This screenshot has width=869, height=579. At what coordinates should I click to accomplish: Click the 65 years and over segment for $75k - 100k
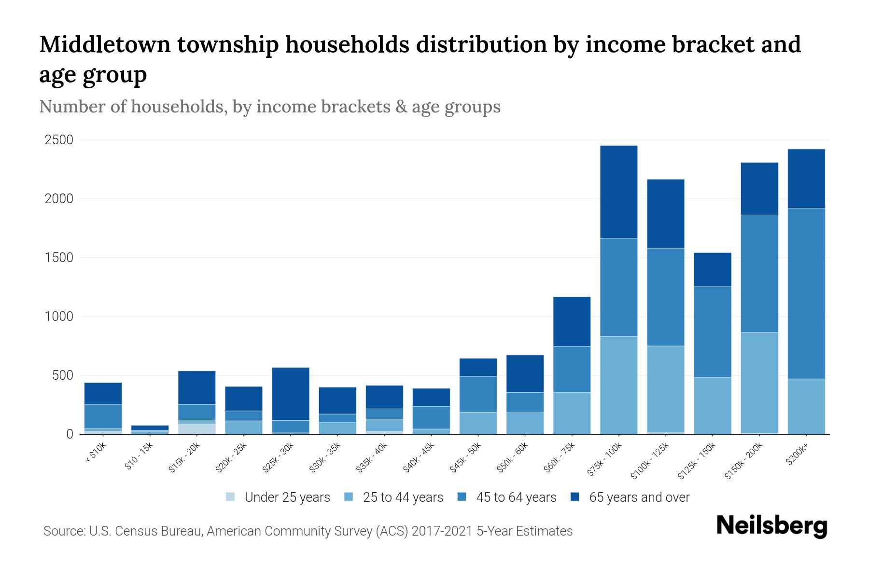(x=618, y=192)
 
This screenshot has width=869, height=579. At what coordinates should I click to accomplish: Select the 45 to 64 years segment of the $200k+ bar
(x=806, y=293)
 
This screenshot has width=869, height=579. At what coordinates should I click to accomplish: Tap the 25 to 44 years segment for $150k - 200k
(x=759, y=383)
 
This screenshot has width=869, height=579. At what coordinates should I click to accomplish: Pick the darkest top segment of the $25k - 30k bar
(x=291, y=394)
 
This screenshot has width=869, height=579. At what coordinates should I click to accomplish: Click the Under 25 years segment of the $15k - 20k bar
(x=196, y=428)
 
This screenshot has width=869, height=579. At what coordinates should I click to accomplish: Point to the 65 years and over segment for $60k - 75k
(x=572, y=321)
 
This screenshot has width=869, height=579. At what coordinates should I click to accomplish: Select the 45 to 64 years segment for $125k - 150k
(x=712, y=331)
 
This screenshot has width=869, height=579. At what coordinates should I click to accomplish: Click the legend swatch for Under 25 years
(x=231, y=497)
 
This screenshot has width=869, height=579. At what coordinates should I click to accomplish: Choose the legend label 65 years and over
(x=639, y=497)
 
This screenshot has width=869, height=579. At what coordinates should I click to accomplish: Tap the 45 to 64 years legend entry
(x=516, y=497)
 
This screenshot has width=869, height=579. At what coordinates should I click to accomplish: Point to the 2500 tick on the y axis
(x=59, y=140)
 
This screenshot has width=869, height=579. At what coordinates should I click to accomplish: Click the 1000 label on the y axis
(x=59, y=317)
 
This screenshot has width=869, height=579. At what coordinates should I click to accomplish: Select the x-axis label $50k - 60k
(x=513, y=457)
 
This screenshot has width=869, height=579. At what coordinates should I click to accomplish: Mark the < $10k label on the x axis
(x=97, y=454)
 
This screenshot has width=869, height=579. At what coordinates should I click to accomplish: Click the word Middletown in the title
(x=105, y=44)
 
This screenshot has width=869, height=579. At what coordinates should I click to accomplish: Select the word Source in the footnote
(x=63, y=531)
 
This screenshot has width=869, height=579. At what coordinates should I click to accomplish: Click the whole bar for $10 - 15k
(x=150, y=429)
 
